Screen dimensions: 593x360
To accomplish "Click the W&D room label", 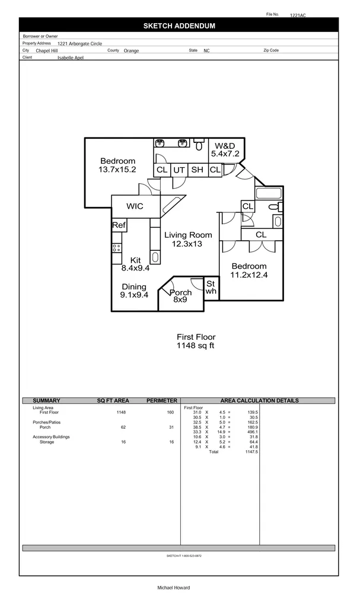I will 225,146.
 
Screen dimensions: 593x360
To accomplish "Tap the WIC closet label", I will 135,206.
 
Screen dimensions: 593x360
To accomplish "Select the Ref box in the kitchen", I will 119,225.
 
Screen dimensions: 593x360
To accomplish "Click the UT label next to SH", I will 179,170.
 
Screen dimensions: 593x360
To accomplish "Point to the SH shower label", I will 197,170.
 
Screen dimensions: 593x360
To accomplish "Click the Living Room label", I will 187,235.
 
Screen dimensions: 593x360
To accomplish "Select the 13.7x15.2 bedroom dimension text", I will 117,170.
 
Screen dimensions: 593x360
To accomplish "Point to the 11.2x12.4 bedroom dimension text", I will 249,275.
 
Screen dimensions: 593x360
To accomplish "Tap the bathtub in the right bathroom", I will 270,194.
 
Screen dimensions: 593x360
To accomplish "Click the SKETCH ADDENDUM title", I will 179,26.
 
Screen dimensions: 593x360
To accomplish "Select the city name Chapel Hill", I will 47,51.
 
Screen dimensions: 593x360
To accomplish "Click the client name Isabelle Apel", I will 71,58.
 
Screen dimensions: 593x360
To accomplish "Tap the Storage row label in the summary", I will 47,442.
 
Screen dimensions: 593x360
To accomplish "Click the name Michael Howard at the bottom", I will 173,588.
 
